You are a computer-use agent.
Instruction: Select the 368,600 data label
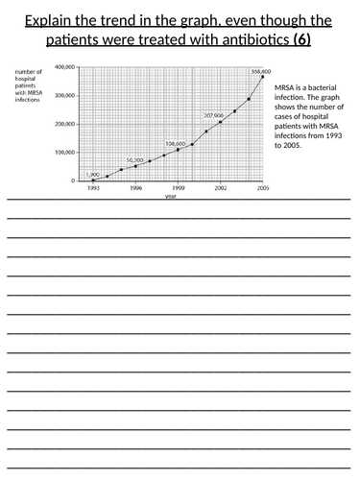pos(260,71)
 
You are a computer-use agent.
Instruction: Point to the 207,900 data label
pos(212,115)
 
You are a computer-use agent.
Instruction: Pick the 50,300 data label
pos(133,159)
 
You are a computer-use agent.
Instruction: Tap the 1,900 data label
pos(93,174)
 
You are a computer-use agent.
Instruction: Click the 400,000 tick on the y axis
pos(65,67)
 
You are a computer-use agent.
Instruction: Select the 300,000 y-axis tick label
pos(65,96)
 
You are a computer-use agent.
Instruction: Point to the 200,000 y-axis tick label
pos(65,124)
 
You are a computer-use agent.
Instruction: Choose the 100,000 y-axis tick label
pos(65,153)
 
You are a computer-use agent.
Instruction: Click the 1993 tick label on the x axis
pos(93,188)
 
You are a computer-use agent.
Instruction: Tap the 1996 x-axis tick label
pos(135,188)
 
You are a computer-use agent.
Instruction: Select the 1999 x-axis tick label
pos(178,188)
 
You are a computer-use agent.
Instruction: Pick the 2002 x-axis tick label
pos(220,188)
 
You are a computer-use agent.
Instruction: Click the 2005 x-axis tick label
pos(262,188)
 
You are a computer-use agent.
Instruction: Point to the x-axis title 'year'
pos(171,196)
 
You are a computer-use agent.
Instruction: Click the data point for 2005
pos(262,78)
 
